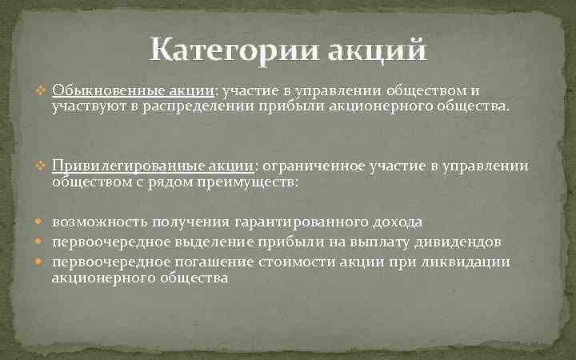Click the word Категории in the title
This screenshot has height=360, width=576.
point(233,50)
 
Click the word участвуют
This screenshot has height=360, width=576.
point(86,107)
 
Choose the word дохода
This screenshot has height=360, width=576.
point(400,222)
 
